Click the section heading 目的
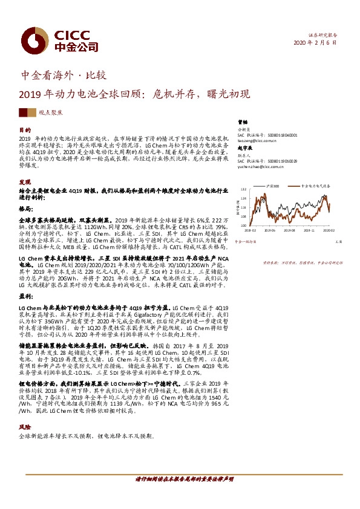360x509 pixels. tap(25, 130)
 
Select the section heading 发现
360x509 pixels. tap(25, 181)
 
